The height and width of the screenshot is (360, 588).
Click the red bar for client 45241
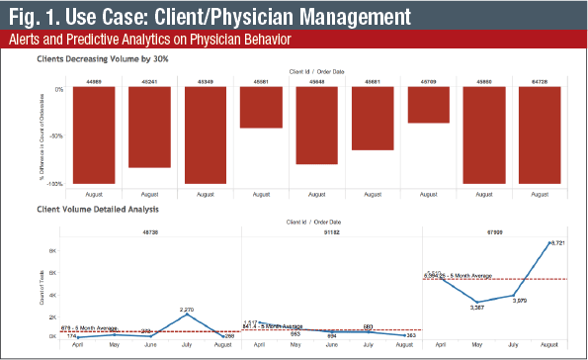149,126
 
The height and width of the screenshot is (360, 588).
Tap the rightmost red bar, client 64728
540,135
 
